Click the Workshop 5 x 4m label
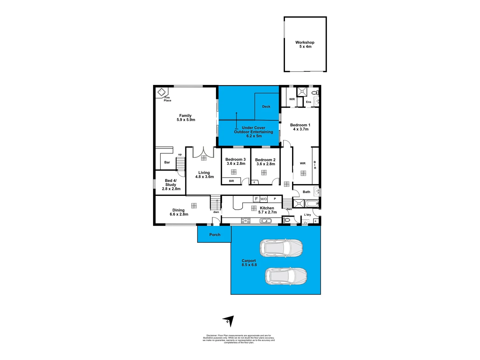(x=305, y=44)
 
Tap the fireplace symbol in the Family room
(x=162, y=91)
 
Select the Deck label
(x=266, y=107)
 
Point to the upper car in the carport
(x=281, y=248)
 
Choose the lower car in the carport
(x=286, y=276)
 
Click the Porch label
(x=215, y=235)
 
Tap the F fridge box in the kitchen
(x=256, y=199)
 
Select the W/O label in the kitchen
(x=264, y=199)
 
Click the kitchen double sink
(x=266, y=221)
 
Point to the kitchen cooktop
(x=245, y=220)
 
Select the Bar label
(x=167, y=162)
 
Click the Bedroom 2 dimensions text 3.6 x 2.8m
(x=266, y=164)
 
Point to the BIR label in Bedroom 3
(x=231, y=181)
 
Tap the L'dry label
(x=307, y=215)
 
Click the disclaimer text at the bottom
(x=239, y=339)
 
